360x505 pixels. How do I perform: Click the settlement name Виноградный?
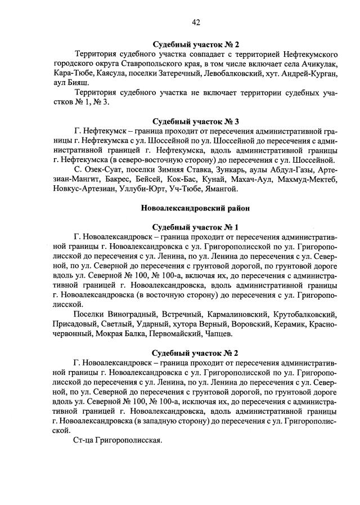coord(130,314)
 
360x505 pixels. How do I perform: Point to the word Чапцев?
coord(216,334)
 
